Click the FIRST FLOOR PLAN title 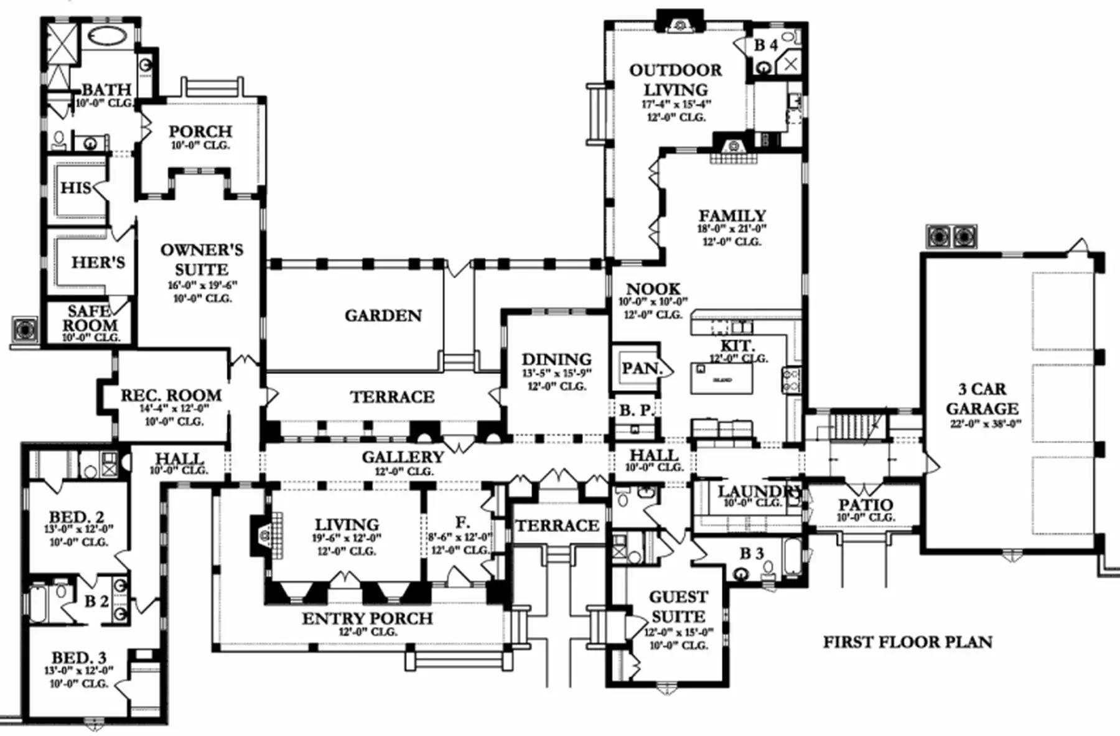(907, 642)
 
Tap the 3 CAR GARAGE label (982, 399)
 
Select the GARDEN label (383, 315)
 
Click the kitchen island (722, 378)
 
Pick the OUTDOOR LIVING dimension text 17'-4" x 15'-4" (676, 105)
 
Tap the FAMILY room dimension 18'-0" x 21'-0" (732, 229)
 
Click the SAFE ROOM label (90, 318)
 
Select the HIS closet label (76, 187)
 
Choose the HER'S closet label (98, 262)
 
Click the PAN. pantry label (641, 368)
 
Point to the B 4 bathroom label (765, 45)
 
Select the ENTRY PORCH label (367, 618)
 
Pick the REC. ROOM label (170, 395)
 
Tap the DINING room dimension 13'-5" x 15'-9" (556, 373)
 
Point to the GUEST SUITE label (678, 607)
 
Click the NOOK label (653, 289)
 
